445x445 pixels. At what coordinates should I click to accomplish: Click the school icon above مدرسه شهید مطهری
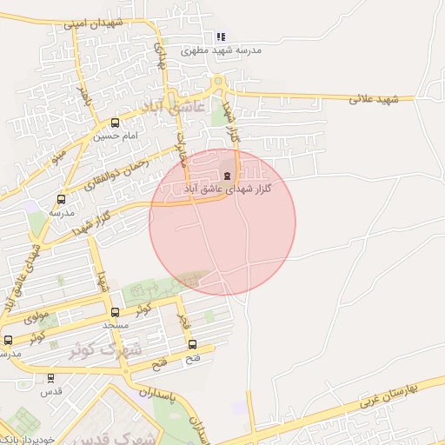coord(221,37)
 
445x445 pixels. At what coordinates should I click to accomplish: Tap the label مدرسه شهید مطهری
coord(221,51)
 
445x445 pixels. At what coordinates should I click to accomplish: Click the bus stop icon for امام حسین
coord(116,123)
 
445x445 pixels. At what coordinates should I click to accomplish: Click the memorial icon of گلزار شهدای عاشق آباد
coord(227,176)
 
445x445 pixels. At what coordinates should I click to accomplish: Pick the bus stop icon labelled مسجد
coord(116,312)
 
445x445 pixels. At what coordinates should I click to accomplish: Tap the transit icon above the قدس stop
coord(50,378)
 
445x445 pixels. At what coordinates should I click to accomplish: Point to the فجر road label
coord(183,321)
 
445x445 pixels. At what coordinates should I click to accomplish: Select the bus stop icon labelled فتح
coord(192,344)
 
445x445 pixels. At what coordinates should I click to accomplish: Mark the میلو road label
coord(59,157)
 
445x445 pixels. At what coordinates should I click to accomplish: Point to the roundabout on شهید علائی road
coord(219,83)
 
